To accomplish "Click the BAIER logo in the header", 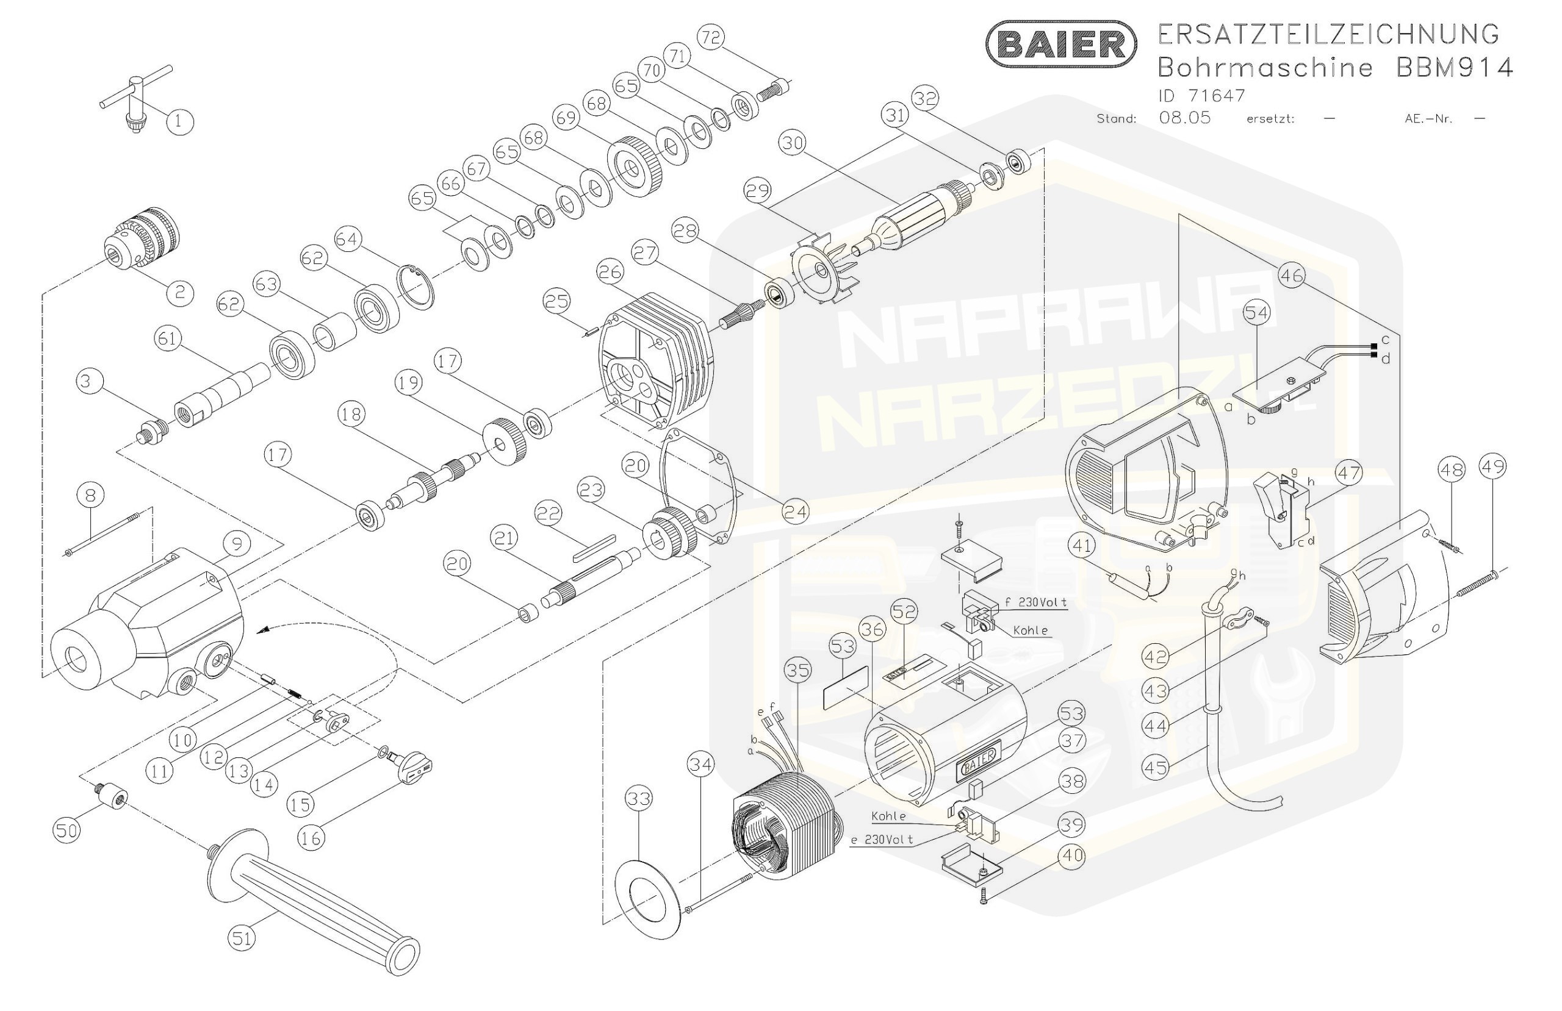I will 1060,44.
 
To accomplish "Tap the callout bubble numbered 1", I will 180,121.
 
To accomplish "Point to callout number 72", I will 711,37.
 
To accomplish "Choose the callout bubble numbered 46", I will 1292,276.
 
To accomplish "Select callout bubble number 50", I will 67,831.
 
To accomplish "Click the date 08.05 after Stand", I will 1185,118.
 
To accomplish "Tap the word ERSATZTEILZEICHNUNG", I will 1328,34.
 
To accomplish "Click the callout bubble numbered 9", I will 236,543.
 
